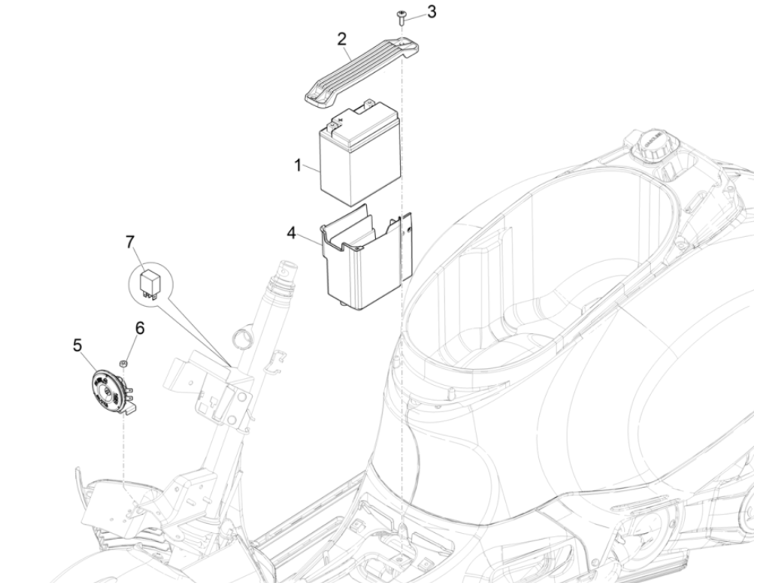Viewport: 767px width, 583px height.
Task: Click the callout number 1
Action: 298,165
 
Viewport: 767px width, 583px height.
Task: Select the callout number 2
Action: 342,38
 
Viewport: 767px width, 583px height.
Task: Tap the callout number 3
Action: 431,12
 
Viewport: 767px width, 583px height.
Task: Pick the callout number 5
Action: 77,345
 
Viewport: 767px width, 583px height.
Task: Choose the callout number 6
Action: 139,329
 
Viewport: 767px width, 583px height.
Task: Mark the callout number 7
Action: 130,242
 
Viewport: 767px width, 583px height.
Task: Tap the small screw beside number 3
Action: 400,15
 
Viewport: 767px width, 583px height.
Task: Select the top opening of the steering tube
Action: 289,272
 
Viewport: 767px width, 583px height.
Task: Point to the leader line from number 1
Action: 311,169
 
